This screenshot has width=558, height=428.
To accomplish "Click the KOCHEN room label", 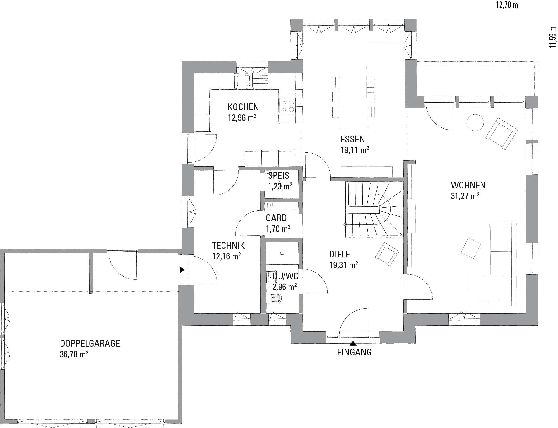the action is point(243,107).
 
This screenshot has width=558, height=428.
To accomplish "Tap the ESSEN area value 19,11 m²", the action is point(355,150).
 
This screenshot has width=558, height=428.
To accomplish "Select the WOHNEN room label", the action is point(468,185).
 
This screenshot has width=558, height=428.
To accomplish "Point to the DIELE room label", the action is point(340,254).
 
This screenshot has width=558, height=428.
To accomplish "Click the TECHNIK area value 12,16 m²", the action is point(227,256).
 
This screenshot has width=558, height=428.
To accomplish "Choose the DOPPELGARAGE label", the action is point(90,343).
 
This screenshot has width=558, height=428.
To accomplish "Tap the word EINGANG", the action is point(354,352).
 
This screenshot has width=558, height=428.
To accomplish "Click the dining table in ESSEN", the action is point(353,97).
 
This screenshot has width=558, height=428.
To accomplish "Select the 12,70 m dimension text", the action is point(507,5).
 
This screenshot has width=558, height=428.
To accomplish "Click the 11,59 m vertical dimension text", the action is point(552,37).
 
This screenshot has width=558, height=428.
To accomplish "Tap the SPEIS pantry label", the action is point(279,176).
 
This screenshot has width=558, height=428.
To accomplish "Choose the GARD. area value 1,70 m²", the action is point(278,229).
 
